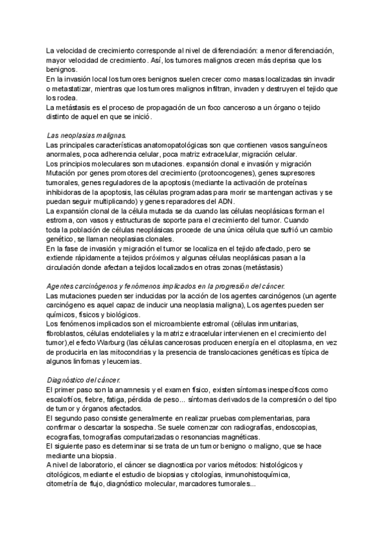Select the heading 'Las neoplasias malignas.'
(87, 136)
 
